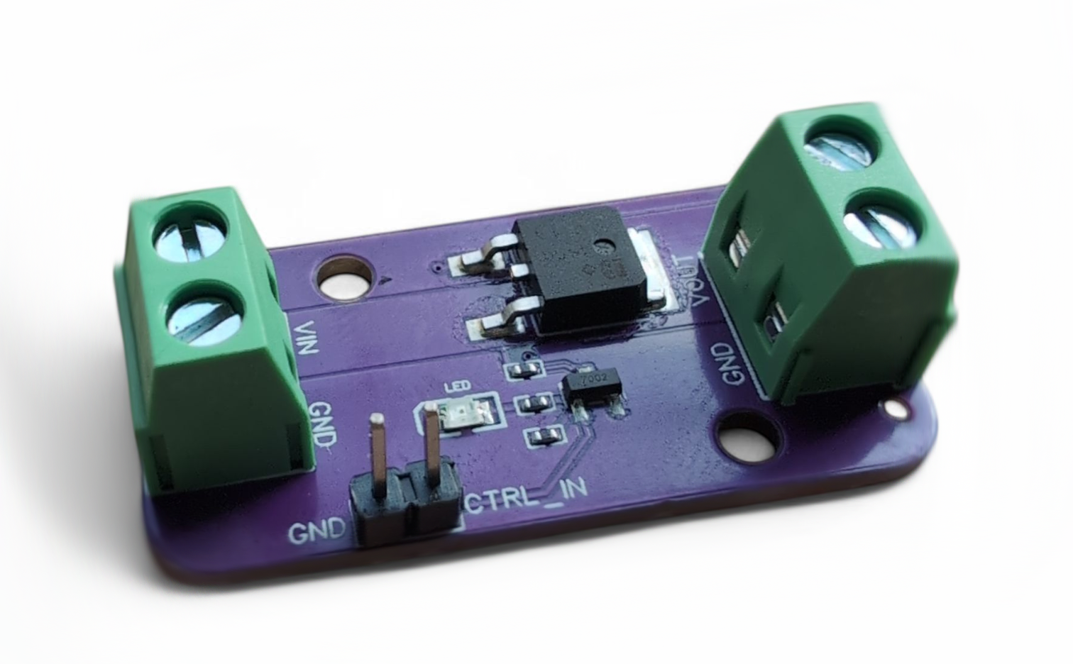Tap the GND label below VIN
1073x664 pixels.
coord(323,424)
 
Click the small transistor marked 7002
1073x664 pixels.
coord(591,388)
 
